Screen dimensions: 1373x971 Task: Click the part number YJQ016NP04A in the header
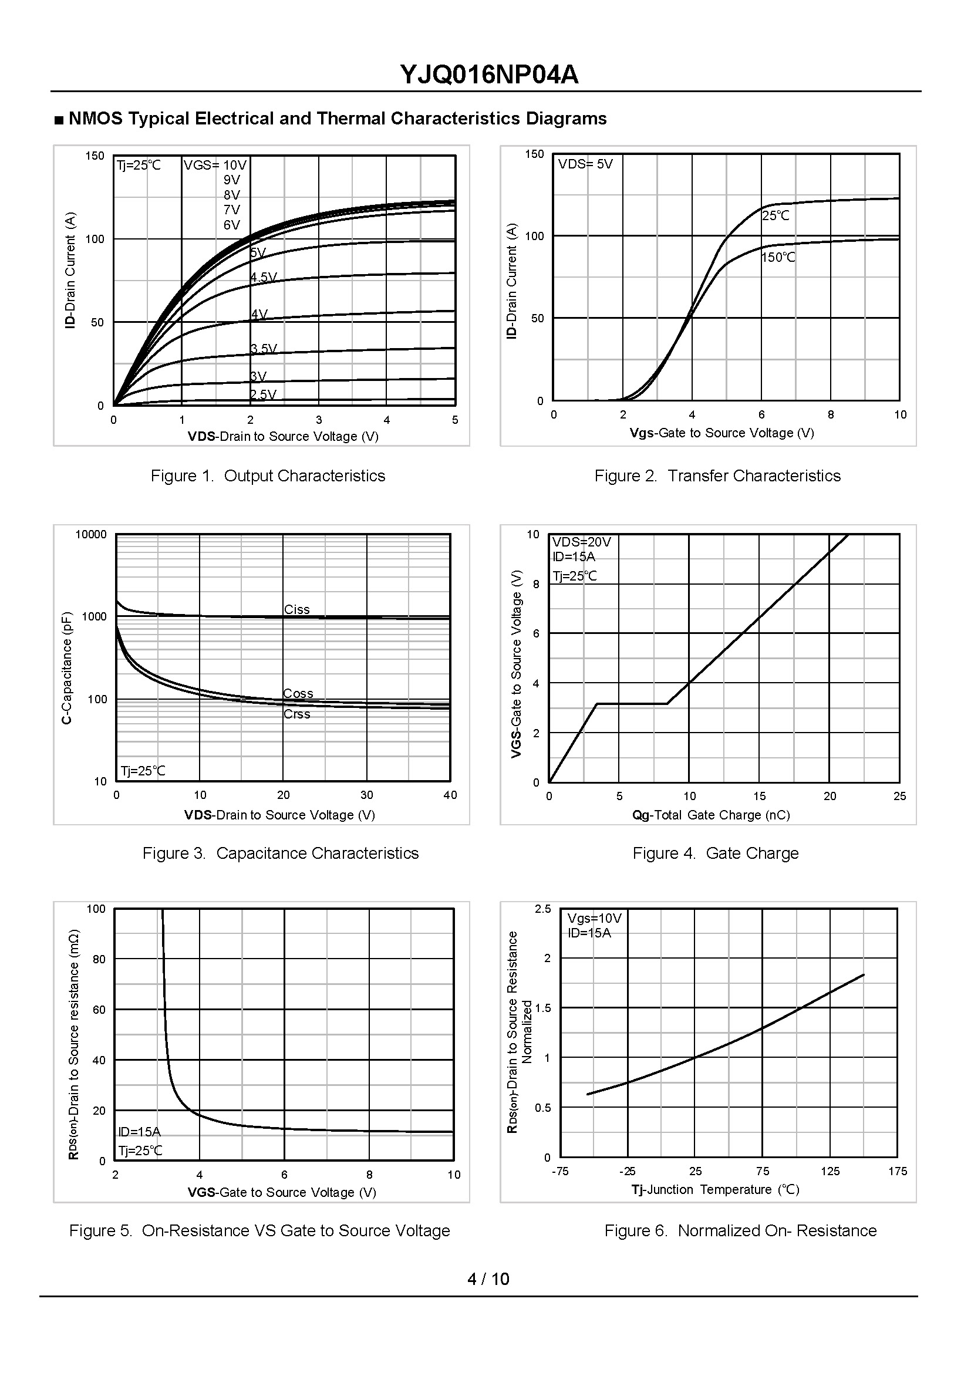point(488,75)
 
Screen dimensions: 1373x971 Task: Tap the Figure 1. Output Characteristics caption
point(268,475)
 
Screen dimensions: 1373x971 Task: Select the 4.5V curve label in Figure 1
point(264,277)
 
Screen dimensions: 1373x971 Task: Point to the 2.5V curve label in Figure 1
point(263,394)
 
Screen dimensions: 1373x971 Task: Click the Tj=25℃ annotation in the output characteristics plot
point(139,165)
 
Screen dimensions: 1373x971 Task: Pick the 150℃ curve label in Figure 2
point(778,257)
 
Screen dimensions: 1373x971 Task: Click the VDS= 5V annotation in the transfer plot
point(585,164)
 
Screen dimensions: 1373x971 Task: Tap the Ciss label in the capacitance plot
point(296,609)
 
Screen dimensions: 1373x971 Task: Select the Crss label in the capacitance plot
point(296,714)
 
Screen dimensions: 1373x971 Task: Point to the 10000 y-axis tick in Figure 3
point(91,534)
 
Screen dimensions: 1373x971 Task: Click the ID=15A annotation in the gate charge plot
point(574,556)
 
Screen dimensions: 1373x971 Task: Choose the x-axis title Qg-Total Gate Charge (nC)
point(711,815)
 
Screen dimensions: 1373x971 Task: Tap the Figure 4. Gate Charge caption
point(715,853)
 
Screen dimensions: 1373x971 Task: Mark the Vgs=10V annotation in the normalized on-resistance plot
point(594,918)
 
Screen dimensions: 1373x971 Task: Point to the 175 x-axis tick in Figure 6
point(897,1171)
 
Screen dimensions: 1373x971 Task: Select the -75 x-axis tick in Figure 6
point(559,1171)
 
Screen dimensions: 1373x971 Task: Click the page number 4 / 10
point(488,1278)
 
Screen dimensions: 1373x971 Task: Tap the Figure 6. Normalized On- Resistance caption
point(740,1230)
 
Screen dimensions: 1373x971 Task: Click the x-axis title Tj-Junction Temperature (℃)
point(715,1189)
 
